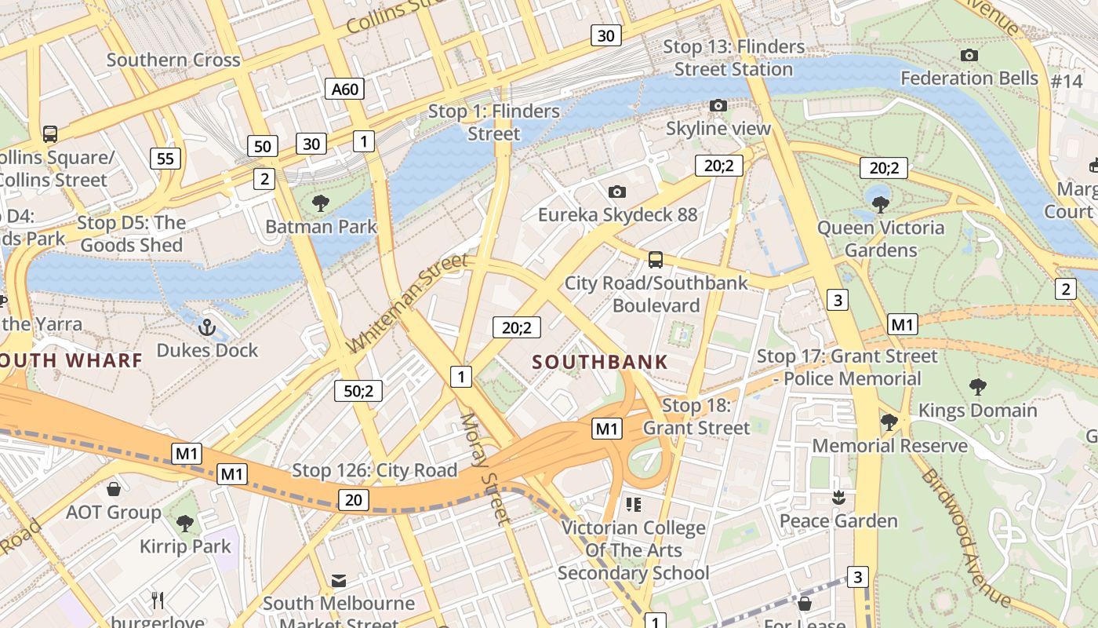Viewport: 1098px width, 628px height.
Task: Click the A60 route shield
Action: coord(345,89)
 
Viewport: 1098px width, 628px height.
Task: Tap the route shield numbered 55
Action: coord(165,159)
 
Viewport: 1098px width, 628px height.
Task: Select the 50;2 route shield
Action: coord(358,390)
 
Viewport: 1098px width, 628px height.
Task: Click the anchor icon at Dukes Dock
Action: coord(207,327)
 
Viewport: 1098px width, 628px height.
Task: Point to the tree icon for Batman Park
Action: coord(320,204)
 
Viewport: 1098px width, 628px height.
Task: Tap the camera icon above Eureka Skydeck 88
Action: coord(617,192)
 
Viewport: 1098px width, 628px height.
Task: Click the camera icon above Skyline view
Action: coord(718,105)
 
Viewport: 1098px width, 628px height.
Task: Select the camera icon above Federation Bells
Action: coord(969,55)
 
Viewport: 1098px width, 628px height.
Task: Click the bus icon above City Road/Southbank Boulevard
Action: coord(656,259)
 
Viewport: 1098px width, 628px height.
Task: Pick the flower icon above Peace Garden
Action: coord(838,498)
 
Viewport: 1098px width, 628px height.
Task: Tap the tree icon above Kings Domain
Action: coord(977,386)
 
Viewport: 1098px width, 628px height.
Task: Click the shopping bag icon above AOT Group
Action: coord(114,489)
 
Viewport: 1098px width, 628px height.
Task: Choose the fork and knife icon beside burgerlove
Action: coord(158,601)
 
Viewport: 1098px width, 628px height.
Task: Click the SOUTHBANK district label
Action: coord(600,362)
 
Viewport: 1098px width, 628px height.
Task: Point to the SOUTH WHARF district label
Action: coord(71,360)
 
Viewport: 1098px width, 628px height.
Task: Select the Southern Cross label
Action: coord(173,60)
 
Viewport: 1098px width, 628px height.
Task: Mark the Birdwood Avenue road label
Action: coord(965,537)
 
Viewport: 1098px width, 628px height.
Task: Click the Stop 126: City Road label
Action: coord(374,470)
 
